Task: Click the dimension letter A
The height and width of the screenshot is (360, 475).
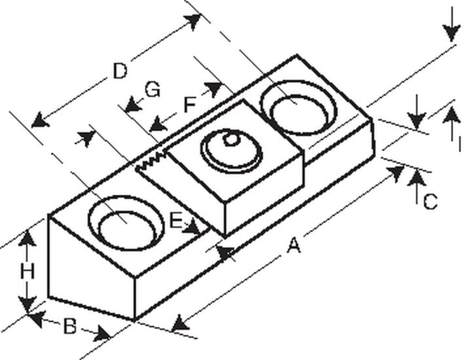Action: tap(294, 245)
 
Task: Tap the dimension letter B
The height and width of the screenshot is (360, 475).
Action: tap(70, 327)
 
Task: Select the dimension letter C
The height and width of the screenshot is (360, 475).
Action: tap(430, 202)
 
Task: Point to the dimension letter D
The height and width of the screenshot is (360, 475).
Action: tap(120, 71)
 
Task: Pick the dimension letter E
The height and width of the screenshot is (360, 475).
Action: tap(176, 221)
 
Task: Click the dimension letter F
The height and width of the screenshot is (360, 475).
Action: tap(190, 105)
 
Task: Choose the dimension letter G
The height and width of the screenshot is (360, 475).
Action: tap(152, 90)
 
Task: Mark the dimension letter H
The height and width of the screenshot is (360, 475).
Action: tap(27, 271)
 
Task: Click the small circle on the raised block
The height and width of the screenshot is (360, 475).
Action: tap(232, 139)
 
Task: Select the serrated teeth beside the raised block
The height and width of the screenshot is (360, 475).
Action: tap(151, 160)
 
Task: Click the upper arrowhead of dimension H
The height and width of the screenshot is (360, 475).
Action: tap(27, 238)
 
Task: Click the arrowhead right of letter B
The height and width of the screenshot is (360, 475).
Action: tap(102, 334)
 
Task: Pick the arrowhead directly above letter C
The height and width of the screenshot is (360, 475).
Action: tap(417, 178)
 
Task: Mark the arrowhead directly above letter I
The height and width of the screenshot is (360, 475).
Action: tap(451, 115)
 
